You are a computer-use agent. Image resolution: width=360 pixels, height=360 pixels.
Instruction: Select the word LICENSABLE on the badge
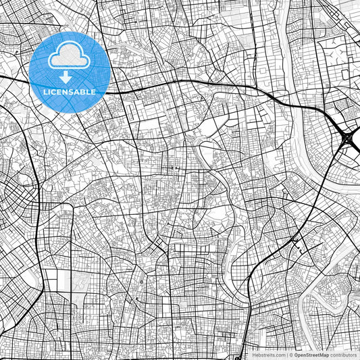point(70,91)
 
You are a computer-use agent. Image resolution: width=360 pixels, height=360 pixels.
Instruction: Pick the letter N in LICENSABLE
point(70,91)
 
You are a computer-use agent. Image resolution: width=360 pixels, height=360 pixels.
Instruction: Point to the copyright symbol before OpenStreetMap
point(290,354)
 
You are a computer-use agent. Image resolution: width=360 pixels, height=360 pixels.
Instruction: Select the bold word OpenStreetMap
point(311,354)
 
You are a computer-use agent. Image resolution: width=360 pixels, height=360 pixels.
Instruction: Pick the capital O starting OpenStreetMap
point(296,354)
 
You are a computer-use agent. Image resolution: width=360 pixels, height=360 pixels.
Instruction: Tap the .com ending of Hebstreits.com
point(280,354)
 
